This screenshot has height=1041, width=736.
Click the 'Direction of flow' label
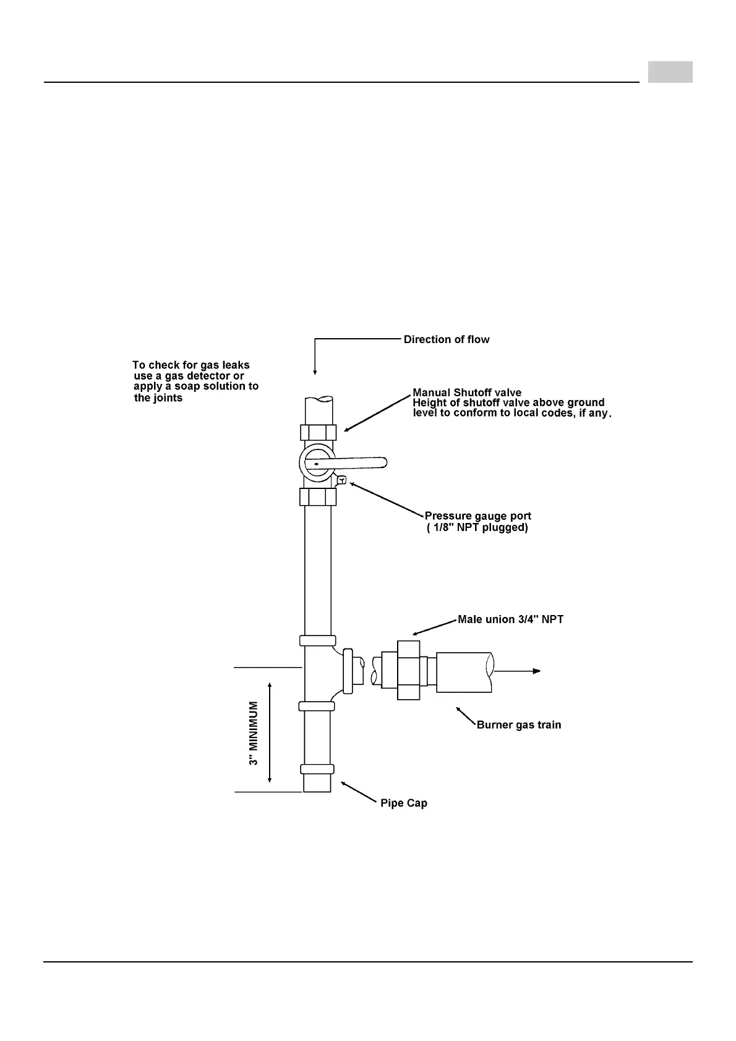[x=446, y=339]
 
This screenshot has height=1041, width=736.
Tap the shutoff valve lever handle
[x=362, y=462]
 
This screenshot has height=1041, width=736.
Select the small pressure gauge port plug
[x=341, y=480]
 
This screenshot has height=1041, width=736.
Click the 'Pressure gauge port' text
[x=477, y=516]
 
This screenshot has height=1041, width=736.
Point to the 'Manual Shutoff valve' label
[x=467, y=393]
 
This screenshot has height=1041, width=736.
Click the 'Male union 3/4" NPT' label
[x=510, y=619]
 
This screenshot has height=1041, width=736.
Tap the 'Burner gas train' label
[x=519, y=724]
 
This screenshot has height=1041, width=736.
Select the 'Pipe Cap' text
[x=404, y=803]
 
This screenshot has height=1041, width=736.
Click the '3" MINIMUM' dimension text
[x=254, y=733]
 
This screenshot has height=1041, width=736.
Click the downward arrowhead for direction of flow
[x=315, y=372]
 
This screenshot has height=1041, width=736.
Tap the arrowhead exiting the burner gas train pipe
[x=537, y=671]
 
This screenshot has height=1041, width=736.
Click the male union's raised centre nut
[x=408, y=670]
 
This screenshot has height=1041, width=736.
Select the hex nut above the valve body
[x=318, y=432]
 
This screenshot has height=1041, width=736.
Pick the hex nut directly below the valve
[x=318, y=496]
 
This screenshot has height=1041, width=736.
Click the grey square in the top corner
[x=670, y=72]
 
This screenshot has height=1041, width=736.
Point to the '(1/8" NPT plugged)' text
[x=477, y=528]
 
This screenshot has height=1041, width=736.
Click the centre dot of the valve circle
[x=316, y=462]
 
